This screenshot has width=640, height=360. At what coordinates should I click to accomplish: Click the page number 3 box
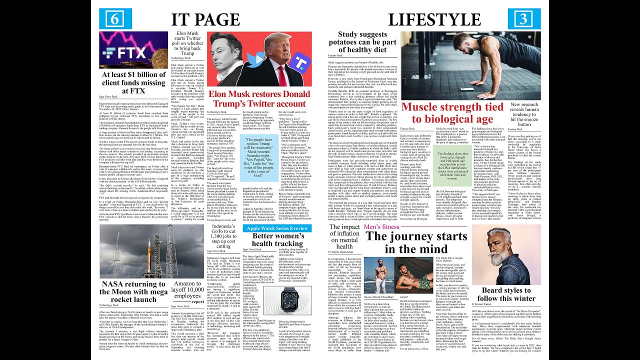pos(524,19)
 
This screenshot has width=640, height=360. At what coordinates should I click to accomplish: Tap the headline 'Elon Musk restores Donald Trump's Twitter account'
pos(259,99)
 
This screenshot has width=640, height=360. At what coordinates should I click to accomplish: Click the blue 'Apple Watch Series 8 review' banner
pos(277,228)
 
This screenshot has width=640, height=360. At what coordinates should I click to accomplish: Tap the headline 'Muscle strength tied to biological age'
pos(452,113)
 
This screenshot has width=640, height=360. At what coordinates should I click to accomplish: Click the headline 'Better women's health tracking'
pos(276,239)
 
